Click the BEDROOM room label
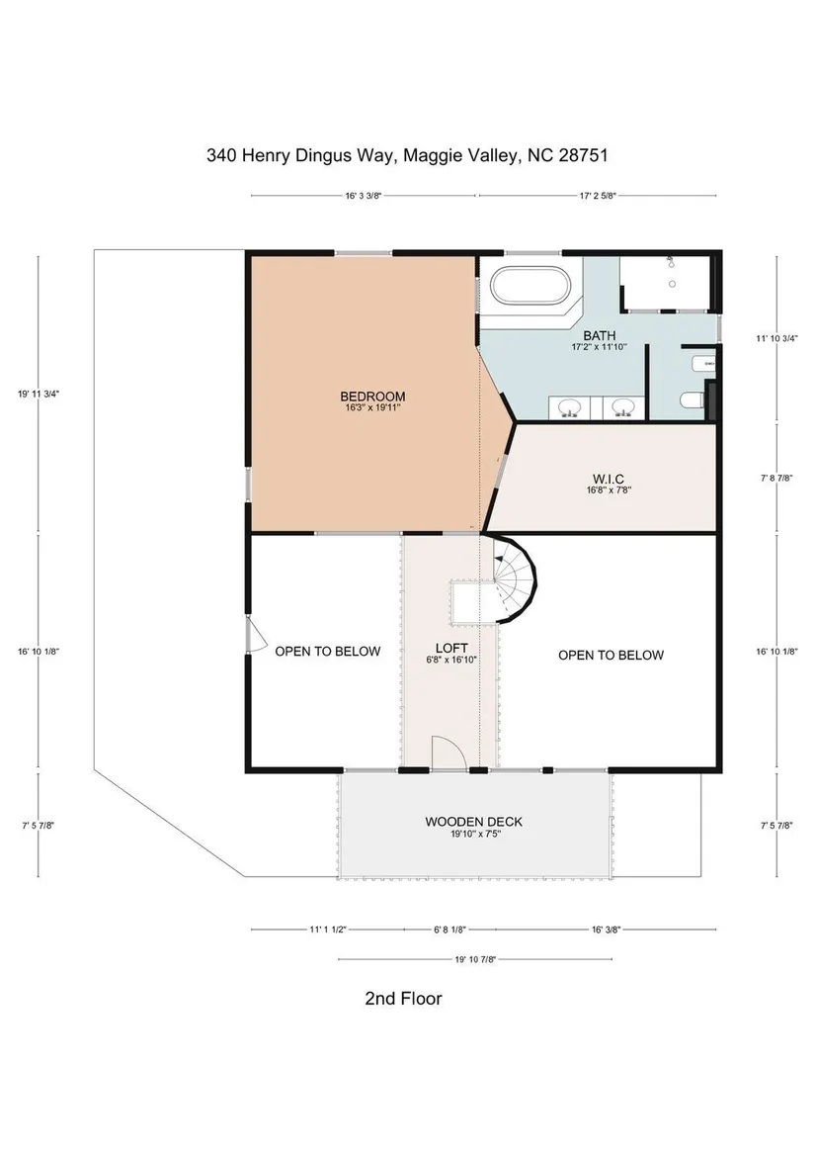tap(372, 397)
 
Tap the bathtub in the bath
tap(530, 286)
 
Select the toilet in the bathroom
tap(693, 400)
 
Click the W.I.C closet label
tap(610, 480)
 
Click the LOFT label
tap(451, 648)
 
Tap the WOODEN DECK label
tap(474, 822)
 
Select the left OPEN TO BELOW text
tap(328, 651)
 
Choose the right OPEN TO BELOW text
tap(611, 656)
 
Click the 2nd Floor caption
tap(403, 998)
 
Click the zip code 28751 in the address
tap(584, 155)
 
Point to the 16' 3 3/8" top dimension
tap(363, 197)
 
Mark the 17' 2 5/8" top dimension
tap(598, 197)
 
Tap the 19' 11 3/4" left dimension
tap(39, 394)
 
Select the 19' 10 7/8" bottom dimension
tap(475, 959)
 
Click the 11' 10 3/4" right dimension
tap(776, 338)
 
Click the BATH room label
tap(600, 335)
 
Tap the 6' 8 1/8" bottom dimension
tap(449, 930)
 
